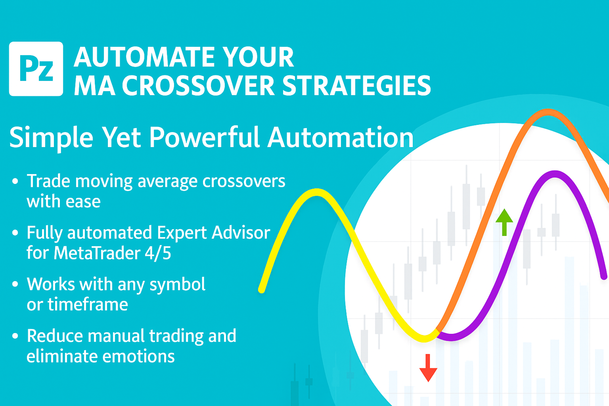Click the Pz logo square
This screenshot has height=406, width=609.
click(36, 69)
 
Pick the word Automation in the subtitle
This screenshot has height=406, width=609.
click(340, 138)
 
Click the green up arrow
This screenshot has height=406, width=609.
click(504, 222)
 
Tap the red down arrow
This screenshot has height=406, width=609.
click(428, 368)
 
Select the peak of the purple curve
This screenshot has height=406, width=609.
click(555, 174)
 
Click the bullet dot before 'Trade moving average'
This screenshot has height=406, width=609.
click(15, 181)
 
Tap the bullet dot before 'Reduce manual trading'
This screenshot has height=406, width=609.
click(15, 336)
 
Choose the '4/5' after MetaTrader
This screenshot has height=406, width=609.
click(158, 253)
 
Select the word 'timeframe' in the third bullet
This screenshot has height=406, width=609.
click(88, 304)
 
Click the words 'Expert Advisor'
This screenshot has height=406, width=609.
click(214, 233)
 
